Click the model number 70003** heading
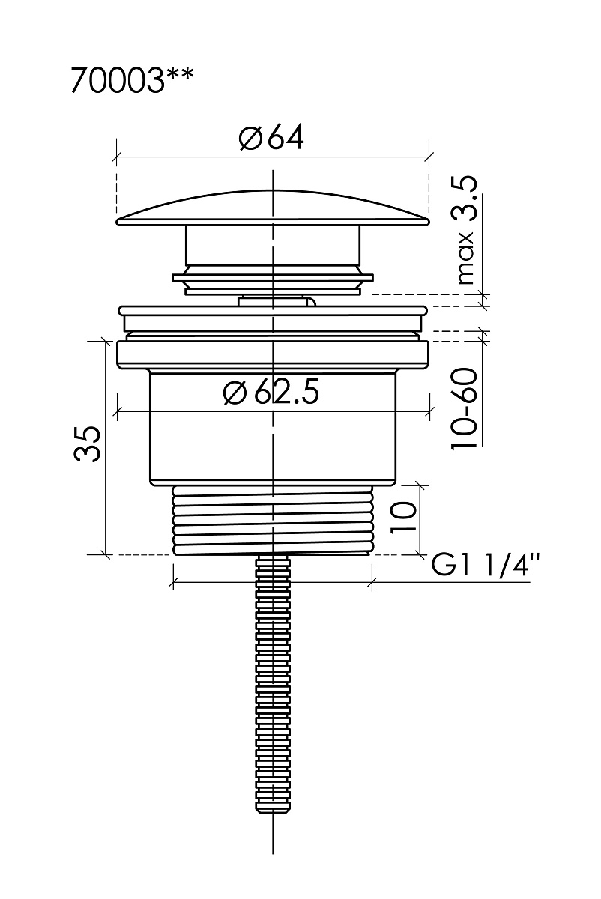point(132,80)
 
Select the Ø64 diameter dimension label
point(271,138)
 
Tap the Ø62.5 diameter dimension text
point(271,391)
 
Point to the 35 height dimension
point(87,444)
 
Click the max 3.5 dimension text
point(465,231)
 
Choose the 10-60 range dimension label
point(465,409)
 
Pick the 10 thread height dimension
point(403,516)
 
